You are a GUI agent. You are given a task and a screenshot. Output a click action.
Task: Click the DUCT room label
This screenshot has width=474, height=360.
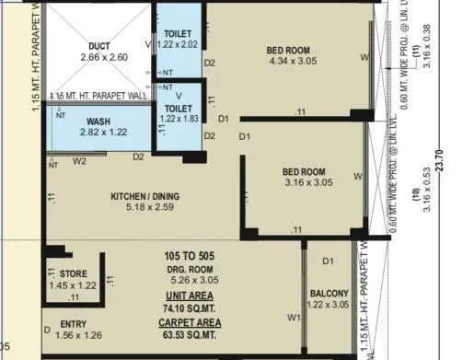point(99,45)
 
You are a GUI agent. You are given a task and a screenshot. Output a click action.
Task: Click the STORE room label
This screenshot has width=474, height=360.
point(74,274)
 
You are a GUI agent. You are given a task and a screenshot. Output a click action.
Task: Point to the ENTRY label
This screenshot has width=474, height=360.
point(74,324)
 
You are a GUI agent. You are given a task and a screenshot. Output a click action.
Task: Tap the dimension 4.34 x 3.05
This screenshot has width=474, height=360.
point(288,62)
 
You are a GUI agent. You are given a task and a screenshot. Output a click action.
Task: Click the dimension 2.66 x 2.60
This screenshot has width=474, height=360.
point(99,56)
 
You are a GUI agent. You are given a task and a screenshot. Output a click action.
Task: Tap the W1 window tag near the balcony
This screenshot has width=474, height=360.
point(294,319)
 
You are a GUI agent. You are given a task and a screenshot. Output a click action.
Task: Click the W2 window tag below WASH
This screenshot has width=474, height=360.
point(80,159)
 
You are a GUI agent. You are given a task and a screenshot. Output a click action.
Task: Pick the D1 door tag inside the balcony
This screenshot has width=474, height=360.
point(328,262)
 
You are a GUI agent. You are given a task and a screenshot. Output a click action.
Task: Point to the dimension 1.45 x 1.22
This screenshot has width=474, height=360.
point(74,285)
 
